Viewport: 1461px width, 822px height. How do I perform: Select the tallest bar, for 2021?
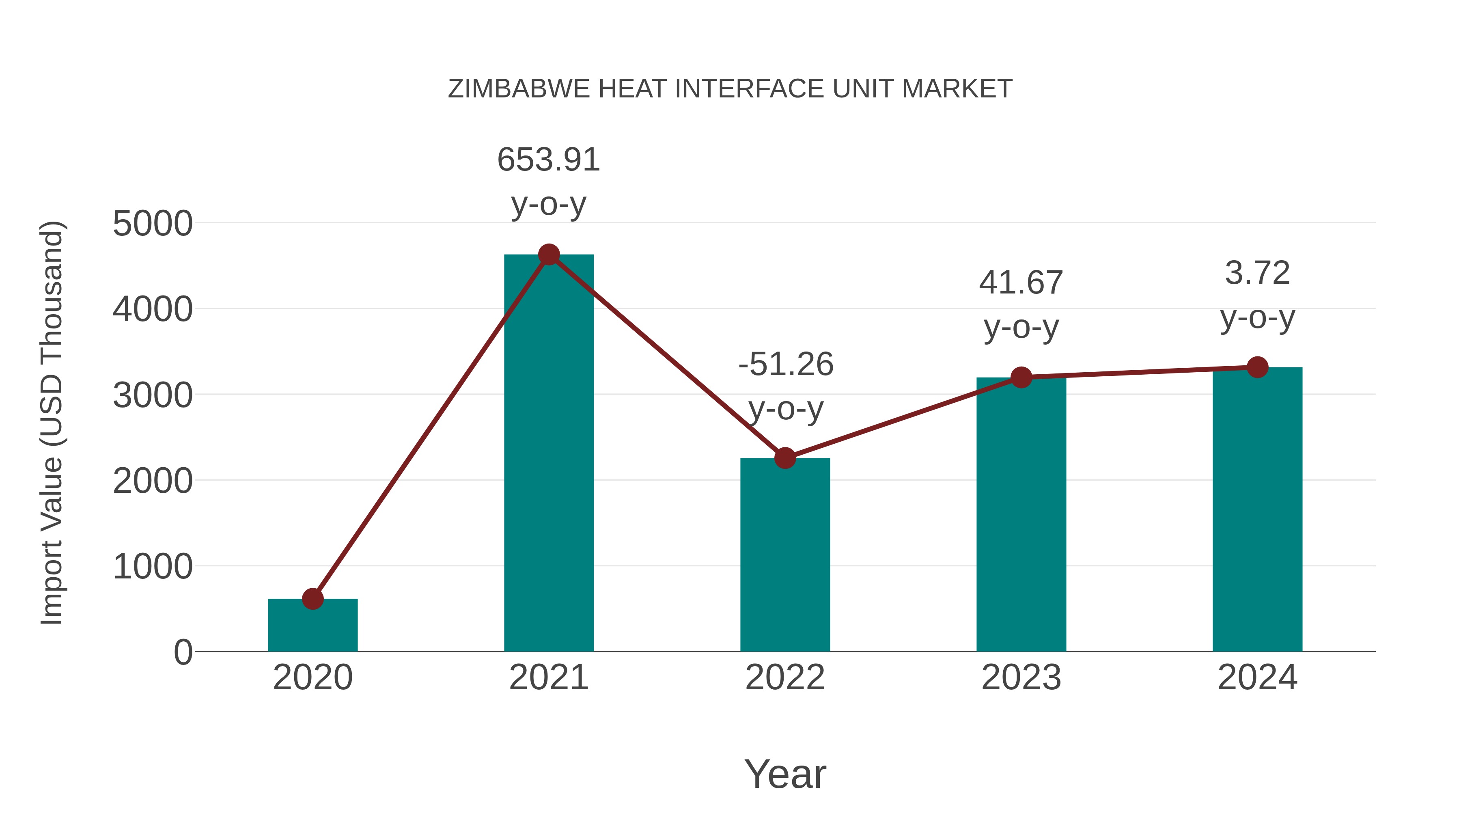tap(548, 454)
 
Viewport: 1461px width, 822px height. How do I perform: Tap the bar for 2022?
tap(785, 556)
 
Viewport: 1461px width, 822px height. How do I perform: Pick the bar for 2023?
tap(1021, 516)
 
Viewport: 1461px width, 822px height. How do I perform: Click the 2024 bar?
tap(1257, 511)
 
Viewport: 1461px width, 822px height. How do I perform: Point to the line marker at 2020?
tap(312, 598)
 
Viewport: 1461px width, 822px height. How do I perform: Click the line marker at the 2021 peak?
tap(548, 255)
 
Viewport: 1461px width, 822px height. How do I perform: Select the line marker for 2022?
tap(785, 458)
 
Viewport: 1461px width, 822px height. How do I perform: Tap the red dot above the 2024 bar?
tap(1257, 367)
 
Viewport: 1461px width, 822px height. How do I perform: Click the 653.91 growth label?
tap(548, 160)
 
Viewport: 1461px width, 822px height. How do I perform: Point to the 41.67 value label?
tap(1021, 283)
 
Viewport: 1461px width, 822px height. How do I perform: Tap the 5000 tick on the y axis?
tap(153, 224)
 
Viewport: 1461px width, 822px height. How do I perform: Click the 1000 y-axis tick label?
tap(153, 566)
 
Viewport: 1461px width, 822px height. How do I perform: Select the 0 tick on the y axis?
tap(183, 652)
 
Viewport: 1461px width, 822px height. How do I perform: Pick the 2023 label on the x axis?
tap(1021, 677)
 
